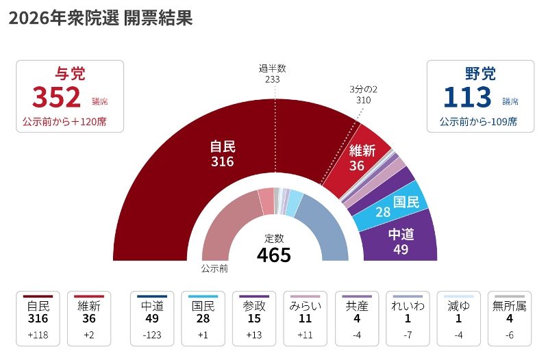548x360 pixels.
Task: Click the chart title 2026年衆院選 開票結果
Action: pyautogui.click(x=100, y=18)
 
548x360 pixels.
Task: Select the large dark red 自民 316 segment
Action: pyautogui.click(x=206, y=171)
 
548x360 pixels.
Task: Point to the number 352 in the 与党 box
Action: pyautogui.click(x=56, y=99)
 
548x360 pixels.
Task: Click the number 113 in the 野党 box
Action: pyautogui.click(x=467, y=99)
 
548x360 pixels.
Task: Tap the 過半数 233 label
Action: pyautogui.click(x=272, y=73)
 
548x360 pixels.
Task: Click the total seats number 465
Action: pyautogui.click(x=274, y=255)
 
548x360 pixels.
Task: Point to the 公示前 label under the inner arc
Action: pyautogui.click(x=214, y=268)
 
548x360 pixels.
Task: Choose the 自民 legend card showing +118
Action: pyautogui.click(x=38, y=319)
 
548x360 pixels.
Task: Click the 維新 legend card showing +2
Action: pyautogui.click(x=89, y=319)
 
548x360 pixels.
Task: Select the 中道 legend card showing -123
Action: pyautogui.click(x=151, y=319)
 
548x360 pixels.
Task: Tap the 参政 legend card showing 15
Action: pyautogui.click(x=254, y=319)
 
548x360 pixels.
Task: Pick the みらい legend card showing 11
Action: pyautogui.click(x=306, y=319)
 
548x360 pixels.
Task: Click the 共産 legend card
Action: pyautogui.click(x=357, y=319)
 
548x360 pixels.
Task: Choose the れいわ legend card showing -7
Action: pyautogui.click(x=408, y=319)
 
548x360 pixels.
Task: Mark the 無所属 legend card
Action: pyautogui.click(x=510, y=319)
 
